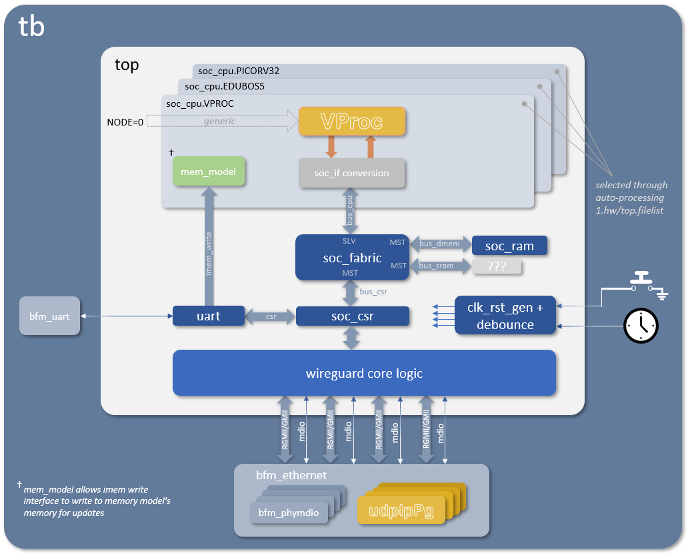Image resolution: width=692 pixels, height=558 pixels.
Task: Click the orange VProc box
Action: pyautogui.click(x=351, y=121)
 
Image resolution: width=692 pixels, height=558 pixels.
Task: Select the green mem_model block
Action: pyautogui.click(x=209, y=172)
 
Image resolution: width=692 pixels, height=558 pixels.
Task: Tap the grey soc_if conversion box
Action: pyautogui.click(x=351, y=173)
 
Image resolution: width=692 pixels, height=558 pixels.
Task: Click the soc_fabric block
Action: pyautogui.click(x=353, y=257)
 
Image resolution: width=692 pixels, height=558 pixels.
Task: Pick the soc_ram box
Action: pyautogui.click(x=509, y=246)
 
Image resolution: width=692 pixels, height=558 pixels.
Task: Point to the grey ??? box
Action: pyautogui.click(x=497, y=266)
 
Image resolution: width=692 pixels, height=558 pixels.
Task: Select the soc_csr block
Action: pyautogui.click(x=352, y=316)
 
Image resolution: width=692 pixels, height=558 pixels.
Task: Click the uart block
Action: pyautogui.click(x=209, y=316)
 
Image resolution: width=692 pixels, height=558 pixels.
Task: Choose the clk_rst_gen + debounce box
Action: pyautogui.click(x=505, y=315)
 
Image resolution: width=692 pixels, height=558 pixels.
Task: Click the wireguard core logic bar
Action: pyautogui.click(x=364, y=373)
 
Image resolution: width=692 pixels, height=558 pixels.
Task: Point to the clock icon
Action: pyautogui.click(x=641, y=325)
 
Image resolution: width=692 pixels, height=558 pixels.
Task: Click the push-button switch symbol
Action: pyautogui.click(x=643, y=280)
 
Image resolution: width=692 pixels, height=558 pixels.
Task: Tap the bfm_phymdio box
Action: pyautogui.click(x=289, y=513)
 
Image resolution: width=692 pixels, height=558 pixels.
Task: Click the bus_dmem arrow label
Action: pyautogui.click(x=439, y=245)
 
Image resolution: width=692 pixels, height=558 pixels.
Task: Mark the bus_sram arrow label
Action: pyautogui.click(x=437, y=266)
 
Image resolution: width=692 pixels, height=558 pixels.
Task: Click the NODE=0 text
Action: pyautogui.click(x=125, y=122)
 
